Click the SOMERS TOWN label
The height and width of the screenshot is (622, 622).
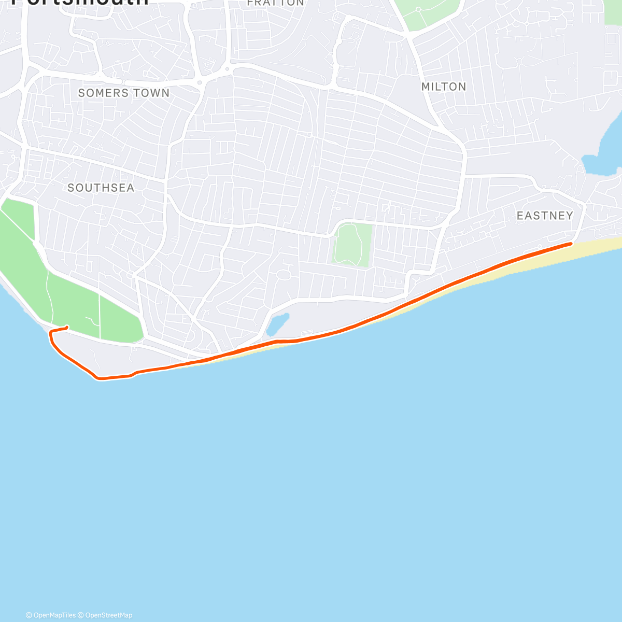pyautogui.click(x=123, y=93)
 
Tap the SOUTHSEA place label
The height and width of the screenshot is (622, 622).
pyautogui.click(x=101, y=188)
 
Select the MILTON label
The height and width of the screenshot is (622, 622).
pyautogui.click(x=444, y=87)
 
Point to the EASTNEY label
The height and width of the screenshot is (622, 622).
pyautogui.click(x=545, y=216)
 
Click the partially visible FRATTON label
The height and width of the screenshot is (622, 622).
pyautogui.click(x=275, y=3)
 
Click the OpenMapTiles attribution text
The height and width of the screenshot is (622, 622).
pyautogui.click(x=51, y=615)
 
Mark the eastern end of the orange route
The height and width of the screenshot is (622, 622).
pyautogui.click(x=571, y=243)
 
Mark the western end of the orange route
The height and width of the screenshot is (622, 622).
pyautogui.click(x=67, y=327)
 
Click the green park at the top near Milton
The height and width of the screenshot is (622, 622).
pyautogui.click(x=428, y=12)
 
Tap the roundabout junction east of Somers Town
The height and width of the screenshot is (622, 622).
pyautogui.click(x=227, y=68)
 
